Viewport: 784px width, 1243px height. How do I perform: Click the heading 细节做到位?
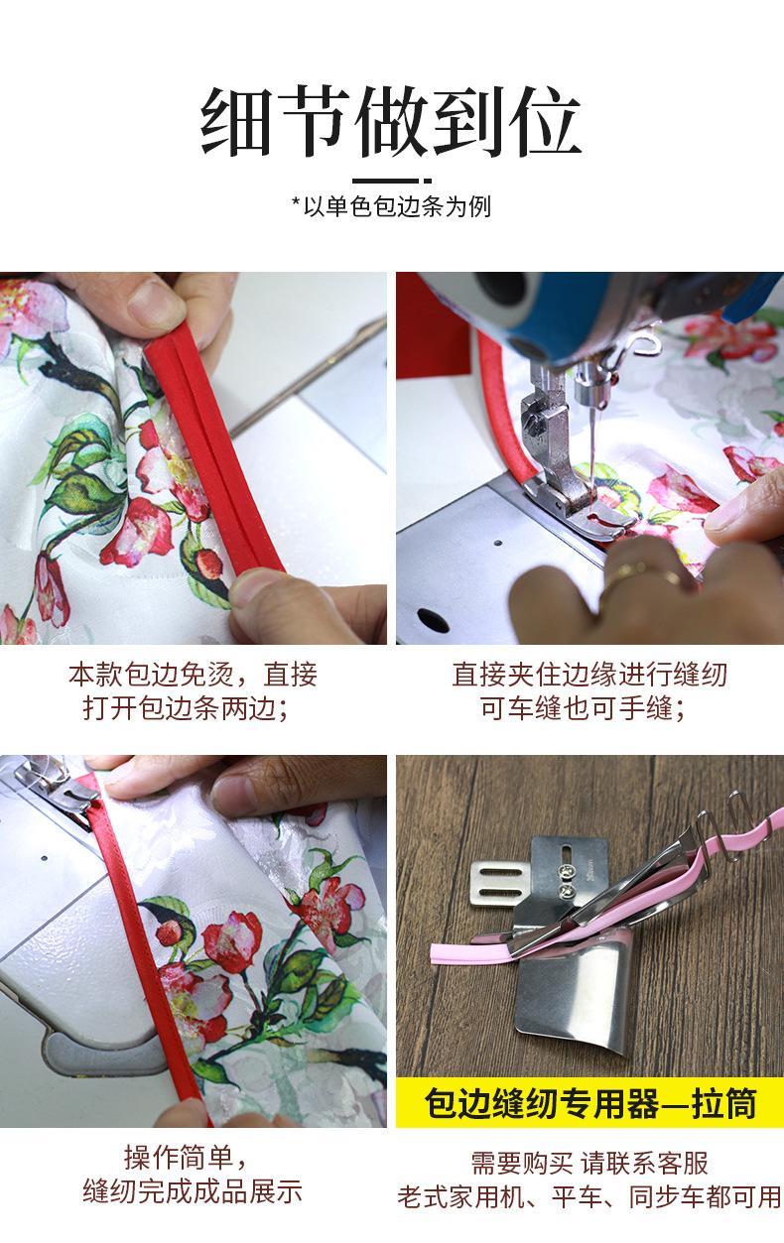coord(390,122)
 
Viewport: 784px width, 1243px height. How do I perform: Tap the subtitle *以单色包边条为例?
coord(391,206)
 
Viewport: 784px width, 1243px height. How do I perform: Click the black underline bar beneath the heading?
coord(391,181)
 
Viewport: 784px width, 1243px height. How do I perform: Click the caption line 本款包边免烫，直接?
coord(193,675)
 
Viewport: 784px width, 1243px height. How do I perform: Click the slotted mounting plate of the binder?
coord(496,885)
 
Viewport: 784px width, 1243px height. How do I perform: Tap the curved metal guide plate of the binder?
coord(572,993)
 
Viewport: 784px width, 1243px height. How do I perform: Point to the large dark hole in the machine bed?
coord(433,619)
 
